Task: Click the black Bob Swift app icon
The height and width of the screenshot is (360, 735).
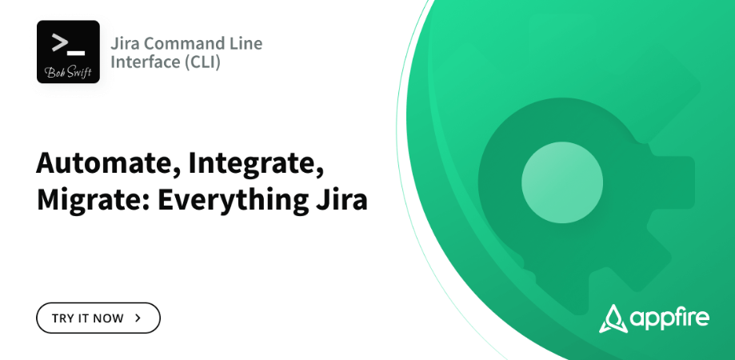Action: (x=68, y=51)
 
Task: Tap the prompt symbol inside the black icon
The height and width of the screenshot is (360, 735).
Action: (x=69, y=42)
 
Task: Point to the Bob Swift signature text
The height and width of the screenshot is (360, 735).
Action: (x=69, y=72)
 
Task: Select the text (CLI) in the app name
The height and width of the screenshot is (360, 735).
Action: (x=202, y=62)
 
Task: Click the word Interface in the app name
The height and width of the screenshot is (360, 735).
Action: (x=146, y=62)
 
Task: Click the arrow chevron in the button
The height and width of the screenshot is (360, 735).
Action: (x=138, y=318)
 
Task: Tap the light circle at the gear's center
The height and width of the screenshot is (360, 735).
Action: (x=562, y=182)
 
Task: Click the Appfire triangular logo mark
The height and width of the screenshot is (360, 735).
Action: (x=613, y=319)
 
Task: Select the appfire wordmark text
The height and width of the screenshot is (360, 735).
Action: (x=669, y=318)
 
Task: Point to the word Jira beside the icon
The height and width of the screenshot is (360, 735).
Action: (x=125, y=43)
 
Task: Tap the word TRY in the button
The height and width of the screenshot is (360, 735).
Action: (x=62, y=318)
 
